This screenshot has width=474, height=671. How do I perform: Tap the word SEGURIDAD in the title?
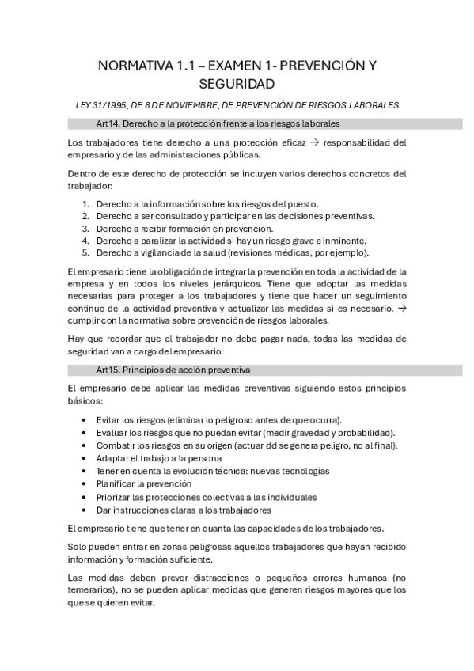pyautogui.click(x=237, y=84)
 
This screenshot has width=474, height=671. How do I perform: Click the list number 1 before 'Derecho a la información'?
pyautogui.click(x=85, y=203)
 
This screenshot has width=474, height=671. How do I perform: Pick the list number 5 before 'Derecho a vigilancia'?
pyautogui.click(x=85, y=253)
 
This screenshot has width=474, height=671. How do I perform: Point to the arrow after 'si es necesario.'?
pyautogui.click(x=401, y=308)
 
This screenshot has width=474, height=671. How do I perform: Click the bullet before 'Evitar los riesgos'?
pyautogui.click(x=85, y=420)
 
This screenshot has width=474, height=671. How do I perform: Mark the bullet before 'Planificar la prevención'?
pyautogui.click(x=85, y=483)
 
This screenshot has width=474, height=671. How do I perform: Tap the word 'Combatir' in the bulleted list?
pyautogui.click(x=115, y=445)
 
